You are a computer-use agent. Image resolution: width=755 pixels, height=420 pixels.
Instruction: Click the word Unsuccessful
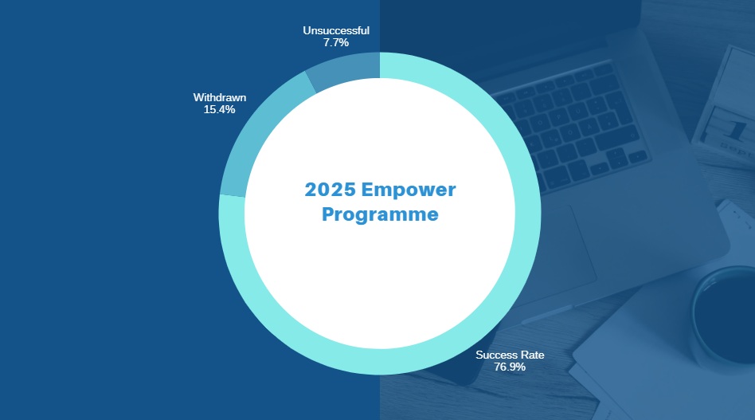click(x=336, y=30)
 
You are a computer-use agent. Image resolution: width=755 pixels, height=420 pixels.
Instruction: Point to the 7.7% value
click(x=336, y=42)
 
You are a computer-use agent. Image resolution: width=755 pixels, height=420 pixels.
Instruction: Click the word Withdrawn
click(x=220, y=97)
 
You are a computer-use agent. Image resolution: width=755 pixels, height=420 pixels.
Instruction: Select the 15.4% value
click(x=220, y=109)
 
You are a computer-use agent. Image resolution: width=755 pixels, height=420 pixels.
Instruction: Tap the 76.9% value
click(x=510, y=367)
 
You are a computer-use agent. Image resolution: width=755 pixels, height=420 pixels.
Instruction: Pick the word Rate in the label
click(x=533, y=355)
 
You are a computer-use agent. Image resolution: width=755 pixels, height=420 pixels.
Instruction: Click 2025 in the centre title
click(x=331, y=190)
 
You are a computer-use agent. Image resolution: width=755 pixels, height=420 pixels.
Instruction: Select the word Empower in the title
click(x=409, y=190)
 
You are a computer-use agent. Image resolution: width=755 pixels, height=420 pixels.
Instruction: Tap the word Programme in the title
click(x=380, y=215)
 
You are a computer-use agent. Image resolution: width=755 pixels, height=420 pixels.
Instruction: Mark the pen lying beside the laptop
click(x=547, y=314)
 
